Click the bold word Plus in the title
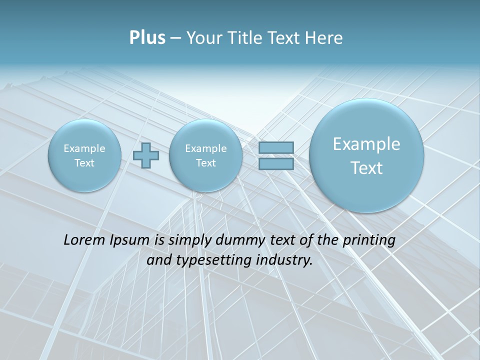point(147,38)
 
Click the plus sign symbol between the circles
point(146,155)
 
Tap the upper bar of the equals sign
point(276,147)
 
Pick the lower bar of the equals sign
point(276,163)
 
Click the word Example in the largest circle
point(366,144)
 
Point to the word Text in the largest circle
point(366,168)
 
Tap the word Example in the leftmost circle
point(84,148)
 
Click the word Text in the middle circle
point(205,163)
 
